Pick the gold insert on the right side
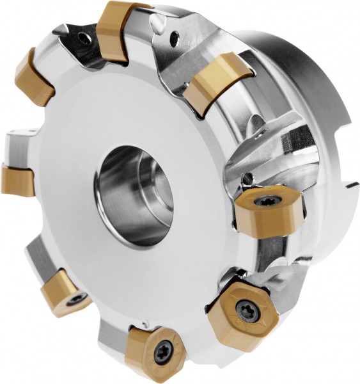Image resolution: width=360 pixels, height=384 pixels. point(265,214)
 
